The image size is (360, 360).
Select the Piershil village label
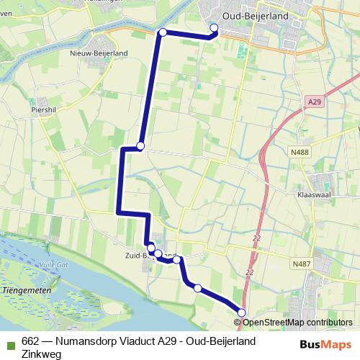(x=44, y=111)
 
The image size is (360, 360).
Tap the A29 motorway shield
(x=312, y=103)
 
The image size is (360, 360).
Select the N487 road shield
(x=301, y=264)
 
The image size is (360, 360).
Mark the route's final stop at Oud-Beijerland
(x=214, y=28)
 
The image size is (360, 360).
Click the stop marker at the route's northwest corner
(x=163, y=32)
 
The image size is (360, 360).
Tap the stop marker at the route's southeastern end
(x=242, y=312)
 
